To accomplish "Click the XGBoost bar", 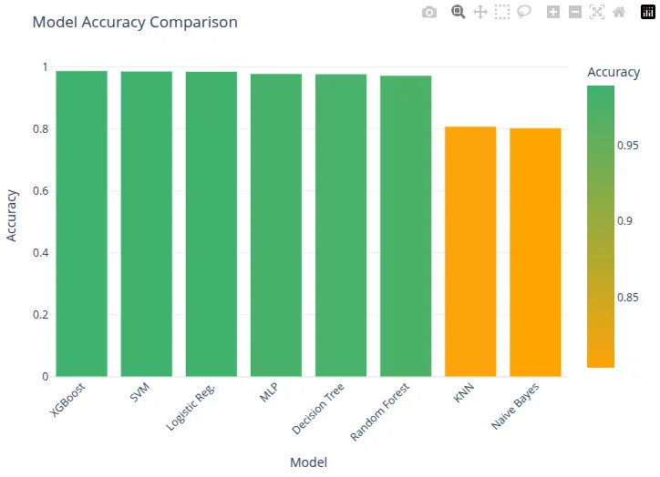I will [81, 223].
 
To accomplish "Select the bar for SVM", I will [146, 223].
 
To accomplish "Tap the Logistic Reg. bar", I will [211, 223].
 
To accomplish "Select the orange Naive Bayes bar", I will [535, 252].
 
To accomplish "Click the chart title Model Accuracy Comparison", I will [135, 22].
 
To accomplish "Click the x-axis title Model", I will [308, 462].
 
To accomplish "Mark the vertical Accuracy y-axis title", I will [13, 215].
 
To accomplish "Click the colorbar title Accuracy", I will [614, 72].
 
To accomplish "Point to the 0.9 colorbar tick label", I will [625, 221].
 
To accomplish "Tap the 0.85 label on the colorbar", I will [628, 297].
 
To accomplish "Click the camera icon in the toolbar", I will [429, 12].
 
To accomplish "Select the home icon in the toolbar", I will [619, 12].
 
